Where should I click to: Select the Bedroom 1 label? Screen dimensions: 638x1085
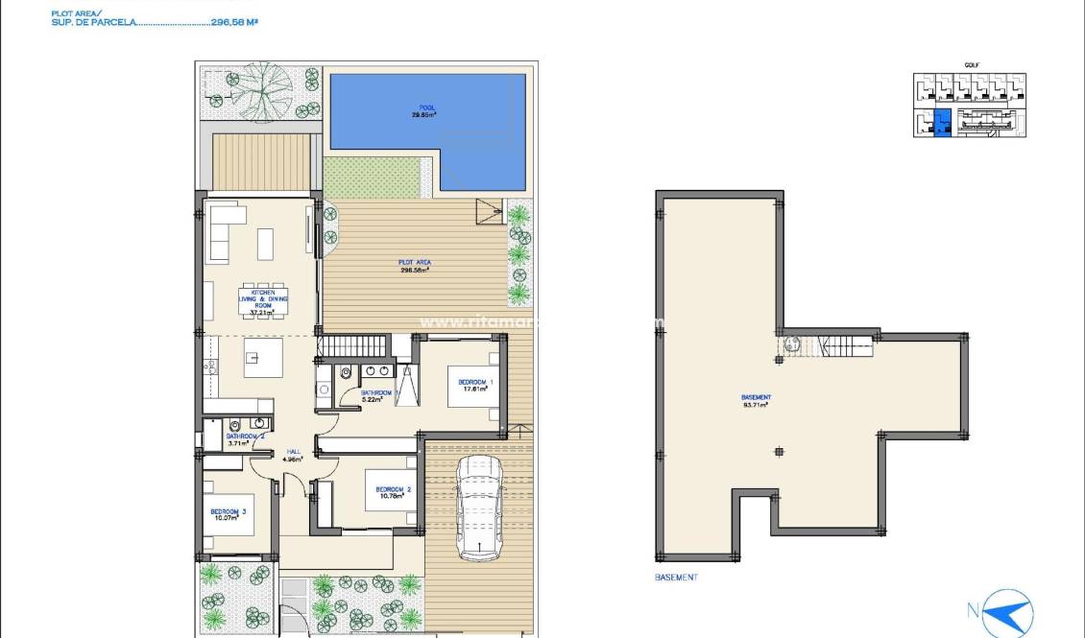[476, 386]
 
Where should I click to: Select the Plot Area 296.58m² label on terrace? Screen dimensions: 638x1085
[415, 266]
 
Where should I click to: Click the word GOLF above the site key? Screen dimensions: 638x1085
[971, 65]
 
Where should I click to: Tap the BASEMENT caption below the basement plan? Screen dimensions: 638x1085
[676, 578]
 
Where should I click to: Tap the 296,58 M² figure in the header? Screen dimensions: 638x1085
[234, 20]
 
